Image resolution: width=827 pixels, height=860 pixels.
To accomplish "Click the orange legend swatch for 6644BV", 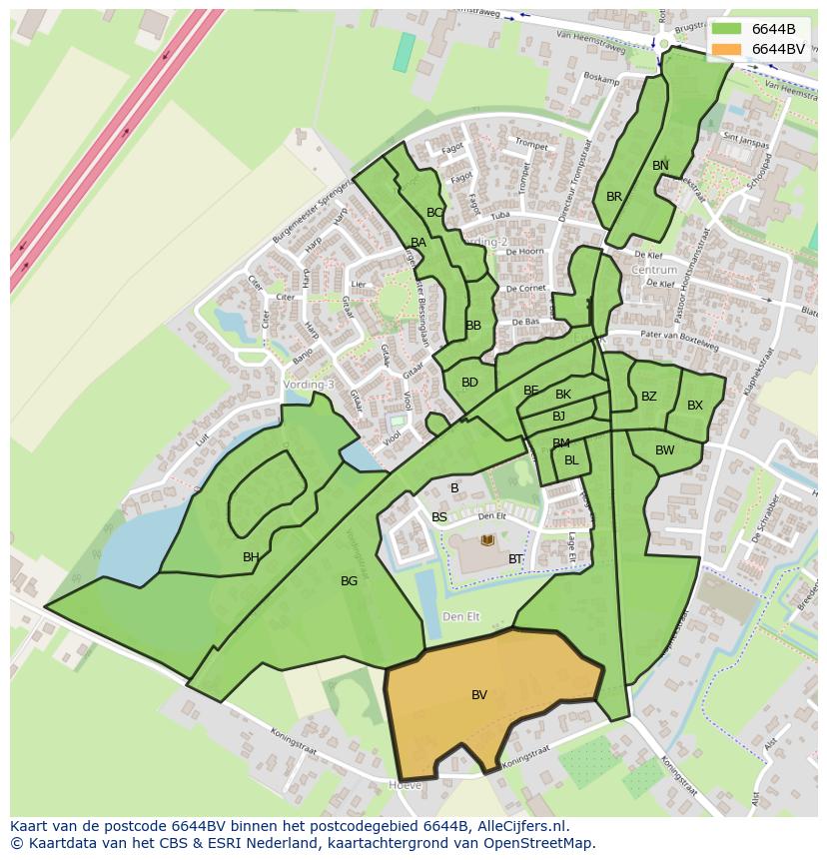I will click(x=727, y=49).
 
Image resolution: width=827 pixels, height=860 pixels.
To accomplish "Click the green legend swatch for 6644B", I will click(x=727, y=29).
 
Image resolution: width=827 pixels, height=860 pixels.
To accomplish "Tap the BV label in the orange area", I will click(x=479, y=695).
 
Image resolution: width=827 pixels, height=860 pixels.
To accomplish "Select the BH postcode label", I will click(x=251, y=557).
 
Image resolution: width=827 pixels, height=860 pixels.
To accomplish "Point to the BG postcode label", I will click(x=349, y=581).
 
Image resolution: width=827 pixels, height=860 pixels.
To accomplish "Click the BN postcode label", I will click(x=660, y=166).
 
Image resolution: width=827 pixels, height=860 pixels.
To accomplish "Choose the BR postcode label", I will click(x=614, y=197).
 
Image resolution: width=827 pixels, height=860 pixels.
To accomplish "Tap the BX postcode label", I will click(x=695, y=406).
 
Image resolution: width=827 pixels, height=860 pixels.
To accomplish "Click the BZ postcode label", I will click(x=649, y=397).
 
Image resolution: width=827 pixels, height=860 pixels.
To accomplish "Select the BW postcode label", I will click(x=665, y=450).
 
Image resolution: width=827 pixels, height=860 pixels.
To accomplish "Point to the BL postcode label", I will click(x=571, y=460).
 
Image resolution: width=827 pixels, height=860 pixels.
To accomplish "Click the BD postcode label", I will click(x=469, y=383).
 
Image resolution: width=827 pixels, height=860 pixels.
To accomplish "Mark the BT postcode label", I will click(x=515, y=559).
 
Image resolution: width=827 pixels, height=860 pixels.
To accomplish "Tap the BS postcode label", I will click(x=439, y=517).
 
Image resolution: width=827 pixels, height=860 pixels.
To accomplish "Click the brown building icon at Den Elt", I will click(x=487, y=540).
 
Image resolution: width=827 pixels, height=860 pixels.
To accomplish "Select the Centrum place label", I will click(x=654, y=270).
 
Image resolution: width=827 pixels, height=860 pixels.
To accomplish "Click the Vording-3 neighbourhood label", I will click(x=309, y=385).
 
